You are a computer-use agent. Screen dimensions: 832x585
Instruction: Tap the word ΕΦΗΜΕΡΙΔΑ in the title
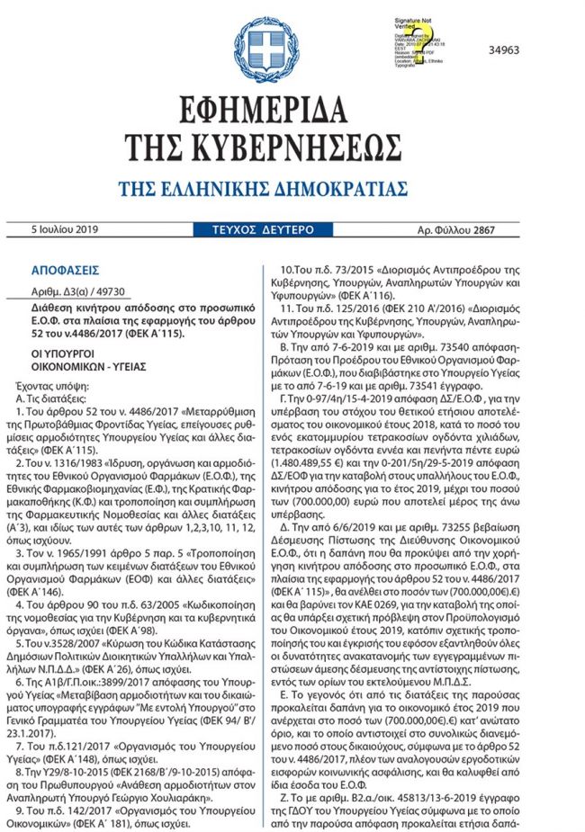click(292, 112)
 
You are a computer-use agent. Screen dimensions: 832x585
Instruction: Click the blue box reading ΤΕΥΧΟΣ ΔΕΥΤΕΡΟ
click(258, 230)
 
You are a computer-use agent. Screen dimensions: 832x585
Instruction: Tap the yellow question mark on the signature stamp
click(420, 42)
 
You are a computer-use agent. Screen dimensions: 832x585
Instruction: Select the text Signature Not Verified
click(415, 23)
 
